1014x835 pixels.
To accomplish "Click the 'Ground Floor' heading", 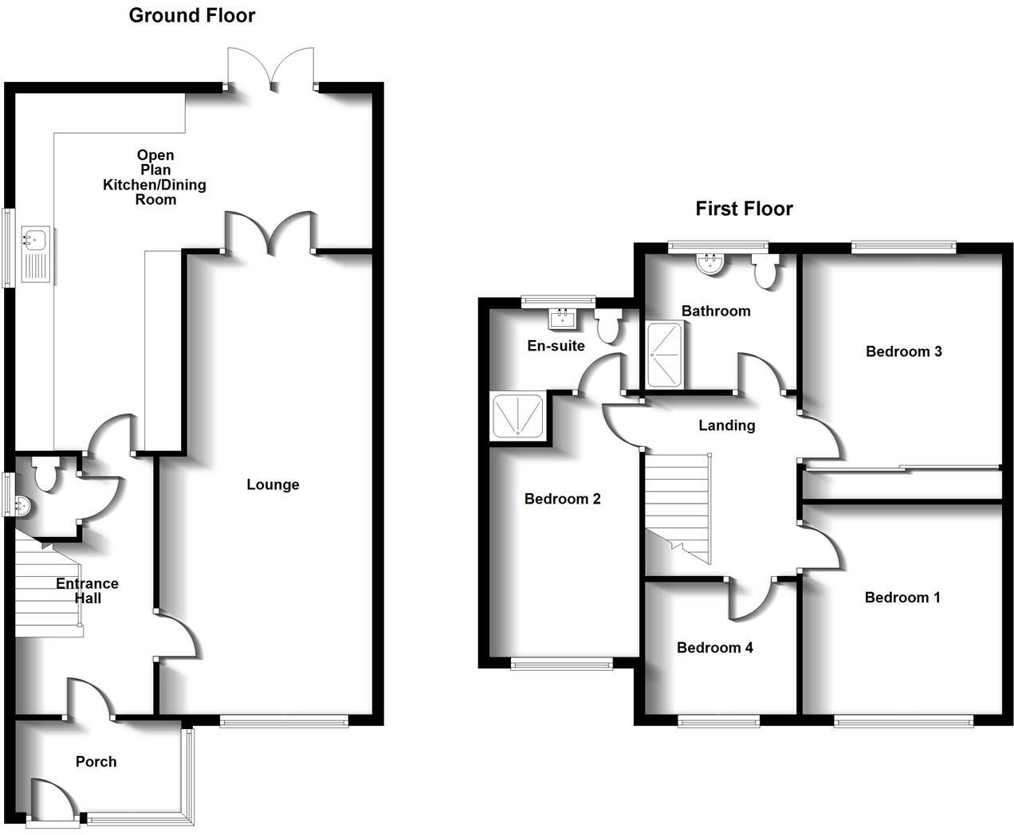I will [192, 15].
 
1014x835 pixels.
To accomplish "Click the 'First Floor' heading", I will [744, 209].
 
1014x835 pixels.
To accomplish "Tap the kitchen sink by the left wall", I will [36, 253].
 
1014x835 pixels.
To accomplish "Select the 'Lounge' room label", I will [273, 484].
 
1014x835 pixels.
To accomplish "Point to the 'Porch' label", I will [96, 762].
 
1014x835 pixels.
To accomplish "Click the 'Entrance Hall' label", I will [87, 590].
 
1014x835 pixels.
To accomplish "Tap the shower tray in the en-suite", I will [518, 415].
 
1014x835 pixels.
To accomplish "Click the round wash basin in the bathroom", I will [709, 264].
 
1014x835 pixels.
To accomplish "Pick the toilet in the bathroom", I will [765, 272].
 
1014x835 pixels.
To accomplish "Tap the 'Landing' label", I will [726, 425].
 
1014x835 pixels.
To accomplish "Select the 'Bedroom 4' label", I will [714, 648].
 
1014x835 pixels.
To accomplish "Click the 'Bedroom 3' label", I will [903, 351].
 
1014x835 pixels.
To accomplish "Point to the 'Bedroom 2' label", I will [562, 499].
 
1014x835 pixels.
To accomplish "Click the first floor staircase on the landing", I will [677, 502].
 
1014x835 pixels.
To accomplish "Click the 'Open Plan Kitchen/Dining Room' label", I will [155, 177].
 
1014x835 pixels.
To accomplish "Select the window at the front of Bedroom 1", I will [903, 721].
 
